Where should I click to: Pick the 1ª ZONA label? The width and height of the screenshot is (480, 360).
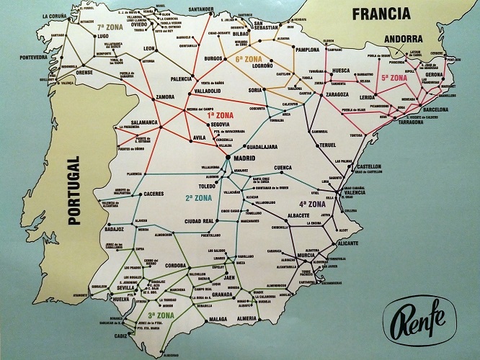click(221, 114)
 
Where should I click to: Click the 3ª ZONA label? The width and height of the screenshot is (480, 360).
click(160, 315)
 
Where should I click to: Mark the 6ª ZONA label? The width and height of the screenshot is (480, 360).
click(249, 59)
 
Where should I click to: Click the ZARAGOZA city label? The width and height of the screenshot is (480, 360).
click(337, 94)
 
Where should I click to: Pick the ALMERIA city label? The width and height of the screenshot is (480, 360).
click(246, 317)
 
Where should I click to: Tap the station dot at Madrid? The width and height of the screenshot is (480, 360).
click(227, 156)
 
